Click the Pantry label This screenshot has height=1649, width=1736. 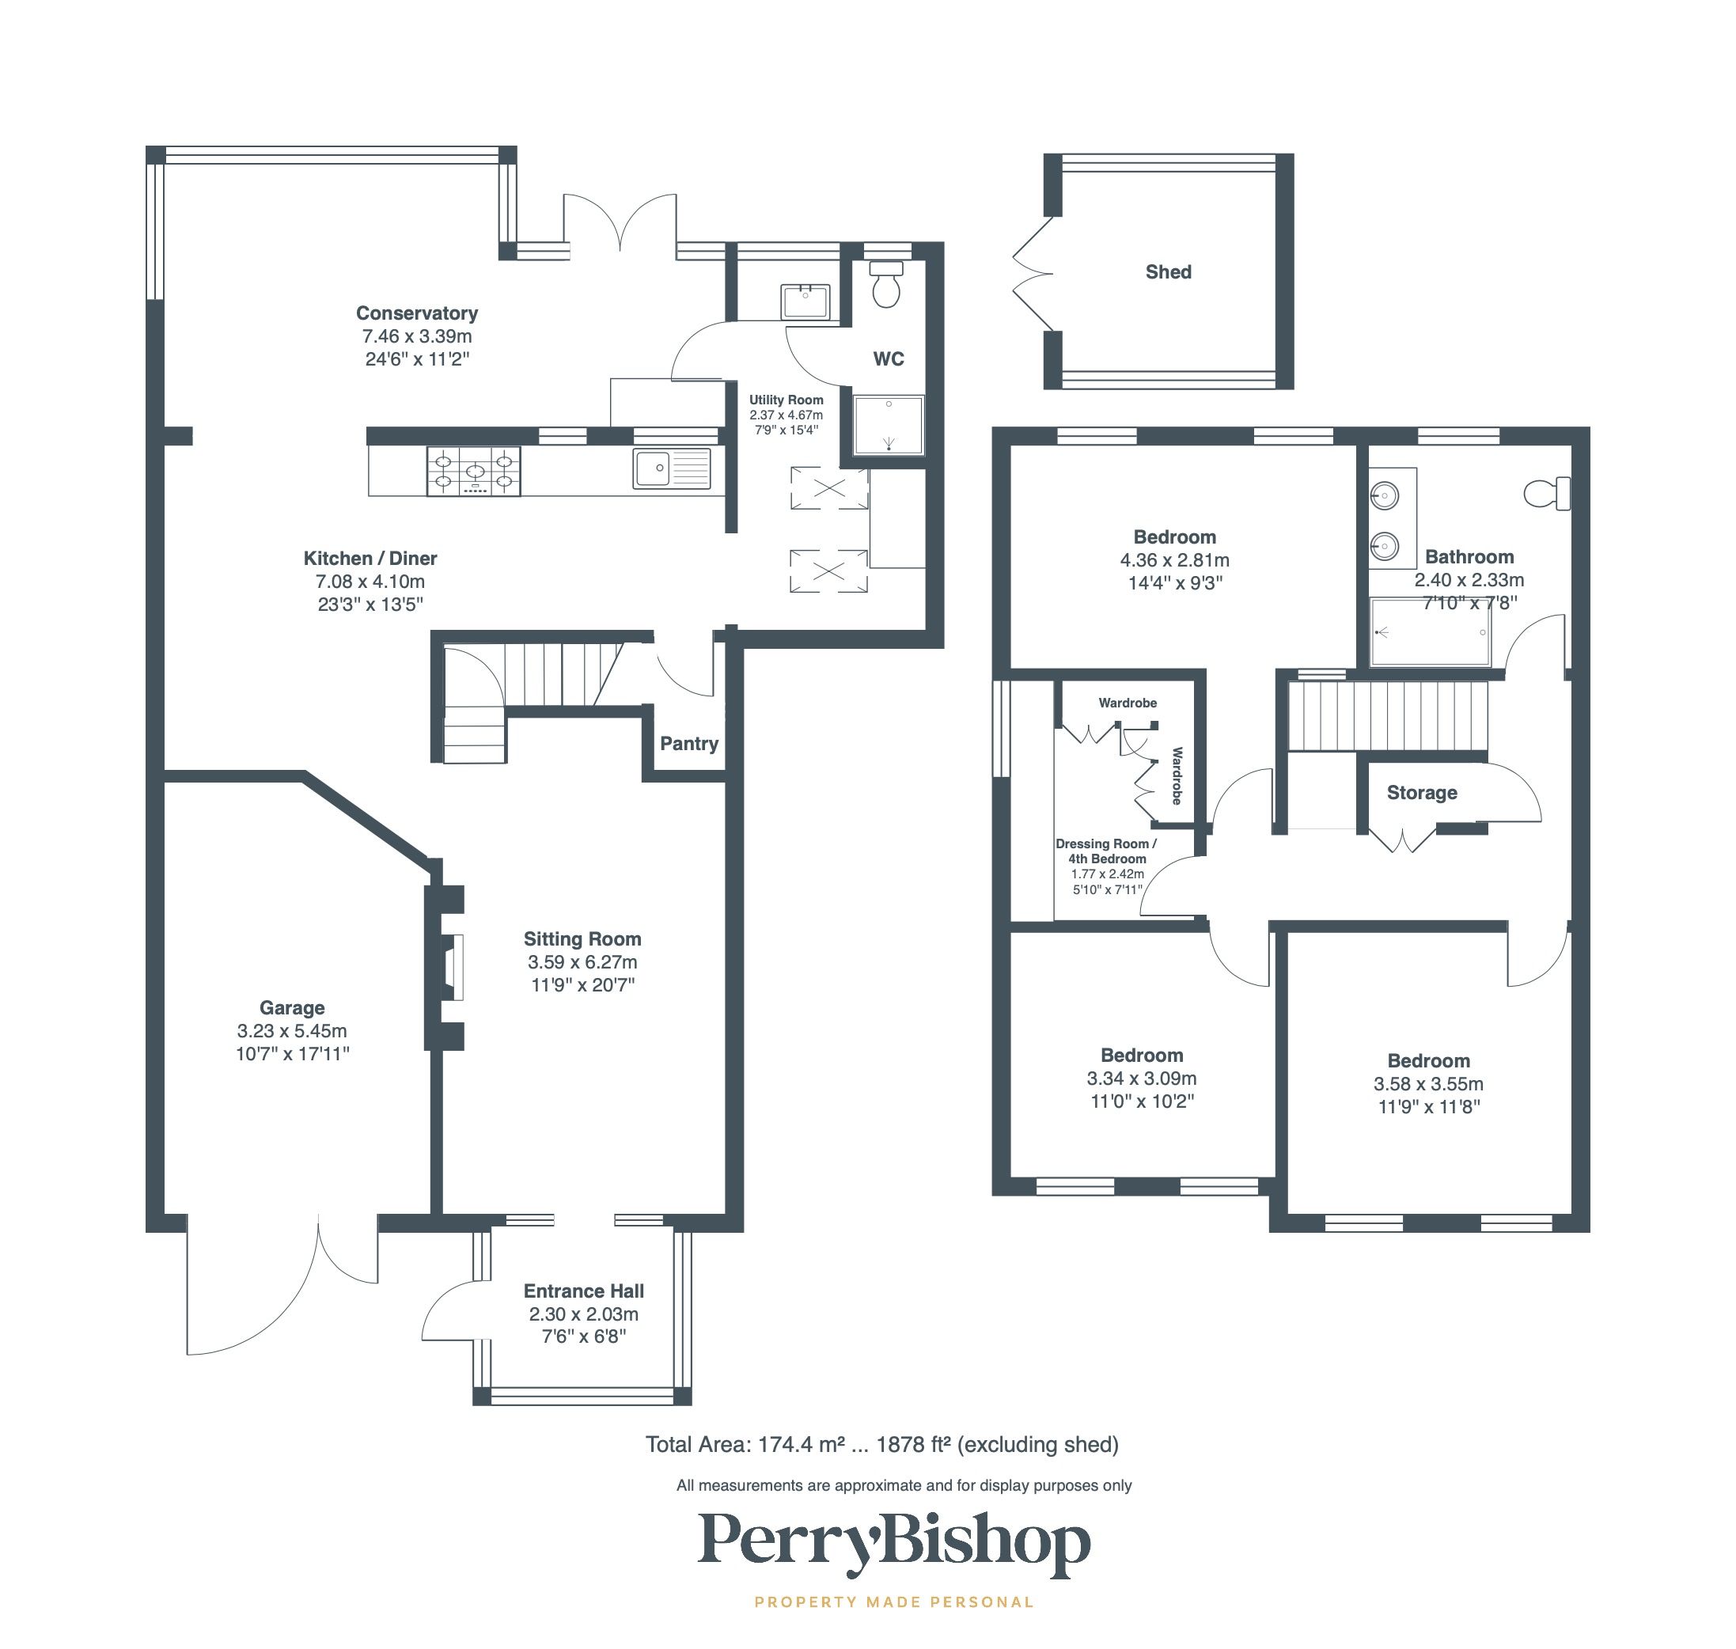point(688,744)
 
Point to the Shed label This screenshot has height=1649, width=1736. point(1167,272)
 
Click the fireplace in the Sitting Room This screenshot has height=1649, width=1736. point(452,967)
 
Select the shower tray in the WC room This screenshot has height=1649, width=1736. point(889,426)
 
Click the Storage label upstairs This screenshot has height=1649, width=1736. point(1421,793)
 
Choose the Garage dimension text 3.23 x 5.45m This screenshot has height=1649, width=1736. point(292,1031)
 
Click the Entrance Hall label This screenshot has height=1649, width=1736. point(584,1291)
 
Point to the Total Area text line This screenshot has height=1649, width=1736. point(881,1444)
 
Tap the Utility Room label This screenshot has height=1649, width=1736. point(786,400)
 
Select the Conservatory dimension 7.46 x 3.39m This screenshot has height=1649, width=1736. point(417,336)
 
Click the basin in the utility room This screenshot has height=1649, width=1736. point(804,301)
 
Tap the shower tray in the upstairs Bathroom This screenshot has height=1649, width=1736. point(1430,632)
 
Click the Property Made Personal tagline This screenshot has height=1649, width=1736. point(894,1602)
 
